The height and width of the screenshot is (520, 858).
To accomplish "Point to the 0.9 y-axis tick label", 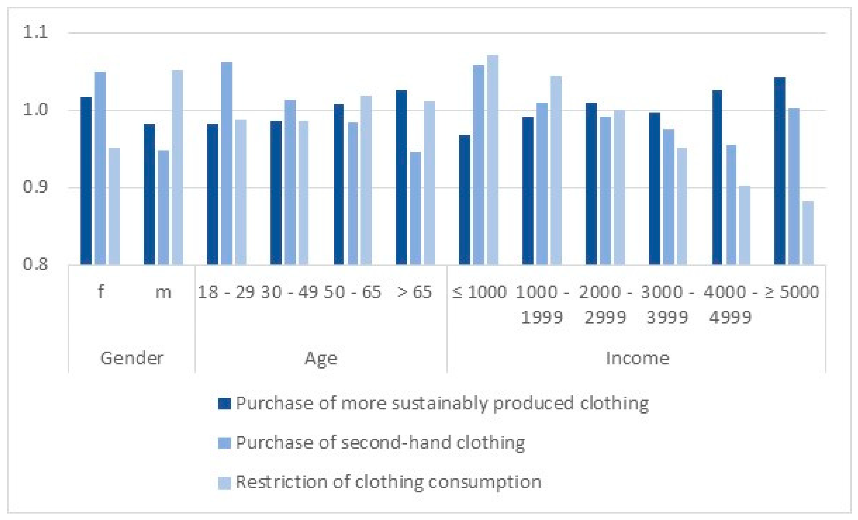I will pos(35,187).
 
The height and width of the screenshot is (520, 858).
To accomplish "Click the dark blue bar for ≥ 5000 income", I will pos(780,170).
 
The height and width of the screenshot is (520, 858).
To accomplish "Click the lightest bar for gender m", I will pos(177,167).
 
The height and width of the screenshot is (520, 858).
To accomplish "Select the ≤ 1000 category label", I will pos(479,292).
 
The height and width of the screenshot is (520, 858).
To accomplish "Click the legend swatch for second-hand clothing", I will pos(225,443).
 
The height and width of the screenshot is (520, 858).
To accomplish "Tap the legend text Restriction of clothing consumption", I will pos(388,482).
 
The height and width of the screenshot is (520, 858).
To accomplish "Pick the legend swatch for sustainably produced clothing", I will pos(225,404).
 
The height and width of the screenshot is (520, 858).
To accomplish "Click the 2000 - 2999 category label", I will pos(605,304).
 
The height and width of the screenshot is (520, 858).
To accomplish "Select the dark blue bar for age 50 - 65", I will pos(339,184).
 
